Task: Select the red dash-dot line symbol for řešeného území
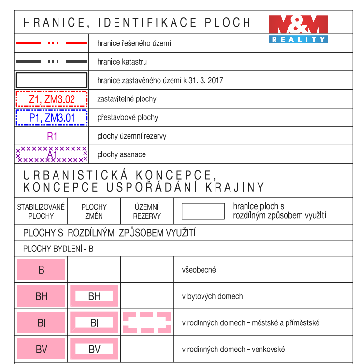[52, 43]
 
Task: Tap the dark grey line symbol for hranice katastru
[52, 62]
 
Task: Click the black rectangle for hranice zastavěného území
[52, 80]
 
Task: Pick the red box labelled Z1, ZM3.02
[52, 99]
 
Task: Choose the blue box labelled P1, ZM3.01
[52, 117]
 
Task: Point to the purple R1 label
[52, 136]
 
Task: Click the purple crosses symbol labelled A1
[52, 154]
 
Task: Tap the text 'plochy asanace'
[121, 154]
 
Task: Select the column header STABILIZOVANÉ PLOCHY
[41, 211]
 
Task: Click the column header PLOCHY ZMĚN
[94, 211]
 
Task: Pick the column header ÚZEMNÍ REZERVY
[147, 211]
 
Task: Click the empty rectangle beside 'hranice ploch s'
[203, 211]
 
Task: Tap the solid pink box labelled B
[41, 270]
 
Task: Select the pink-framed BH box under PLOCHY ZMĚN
[94, 296]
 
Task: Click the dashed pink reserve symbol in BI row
[147, 322]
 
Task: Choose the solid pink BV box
[41, 349]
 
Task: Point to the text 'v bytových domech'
[212, 296]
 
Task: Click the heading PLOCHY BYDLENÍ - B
[58, 249]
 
